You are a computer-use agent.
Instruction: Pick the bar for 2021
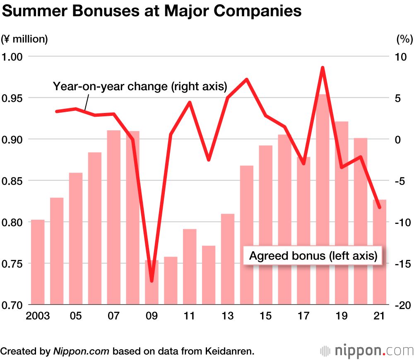pyautogui.click(x=380, y=252)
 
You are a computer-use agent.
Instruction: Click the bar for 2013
pyautogui.click(x=228, y=259)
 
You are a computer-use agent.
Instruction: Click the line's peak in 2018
pyautogui.click(x=323, y=67)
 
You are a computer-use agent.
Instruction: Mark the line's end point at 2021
pyautogui.click(x=379, y=207)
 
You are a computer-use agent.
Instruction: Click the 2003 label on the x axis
pyautogui.click(x=38, y=317)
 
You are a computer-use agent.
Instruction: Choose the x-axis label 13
pyautogui.click(x=227, y=317)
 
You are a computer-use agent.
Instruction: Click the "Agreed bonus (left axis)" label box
pyautogui.click(x=313, y=256)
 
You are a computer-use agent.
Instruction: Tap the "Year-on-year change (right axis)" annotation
pyautogui.click(x=140, y=86)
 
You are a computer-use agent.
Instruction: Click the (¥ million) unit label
pyautogui.click(x=25, y=39)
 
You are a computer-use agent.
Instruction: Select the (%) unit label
pyautogui.click(x=404, y=39)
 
